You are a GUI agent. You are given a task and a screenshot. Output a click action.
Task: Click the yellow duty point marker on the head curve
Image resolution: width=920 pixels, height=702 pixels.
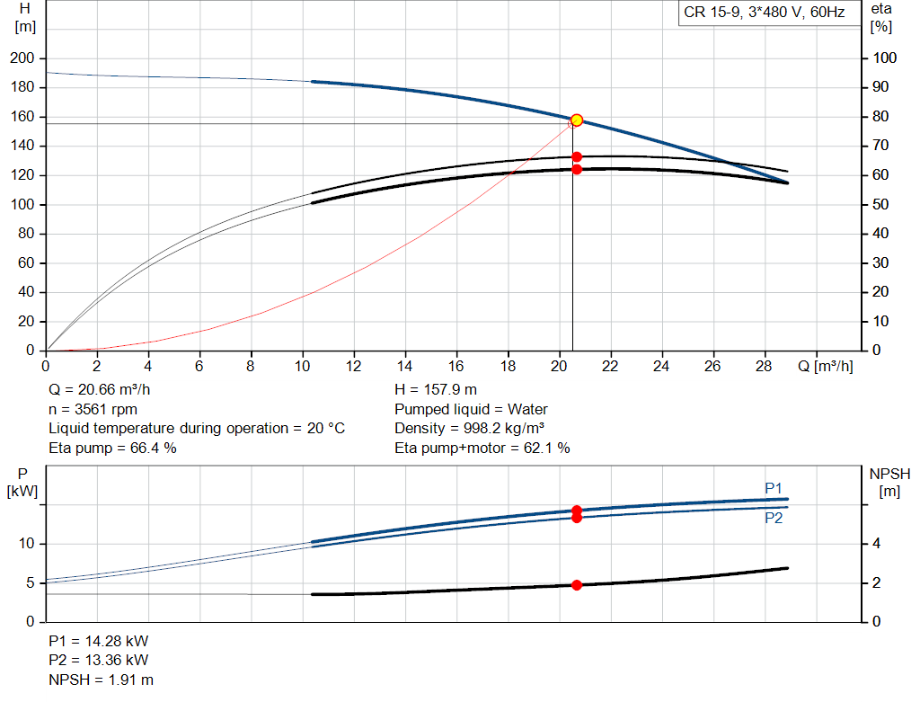577,120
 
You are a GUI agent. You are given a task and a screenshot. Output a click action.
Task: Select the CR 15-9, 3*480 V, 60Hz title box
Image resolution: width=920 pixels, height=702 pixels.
765,13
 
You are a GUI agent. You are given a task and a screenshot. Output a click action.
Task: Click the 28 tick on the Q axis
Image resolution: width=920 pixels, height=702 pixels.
765,366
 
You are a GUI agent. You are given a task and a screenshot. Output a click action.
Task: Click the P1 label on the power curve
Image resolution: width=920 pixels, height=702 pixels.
774,488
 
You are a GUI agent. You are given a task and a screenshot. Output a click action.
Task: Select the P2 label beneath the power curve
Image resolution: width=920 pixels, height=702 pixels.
774,519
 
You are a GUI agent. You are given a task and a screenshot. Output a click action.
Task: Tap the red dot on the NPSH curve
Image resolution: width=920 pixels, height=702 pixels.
577,585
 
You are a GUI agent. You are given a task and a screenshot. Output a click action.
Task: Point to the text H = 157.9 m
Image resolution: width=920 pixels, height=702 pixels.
436,391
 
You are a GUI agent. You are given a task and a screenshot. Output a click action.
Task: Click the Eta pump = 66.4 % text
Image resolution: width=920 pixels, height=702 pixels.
112,448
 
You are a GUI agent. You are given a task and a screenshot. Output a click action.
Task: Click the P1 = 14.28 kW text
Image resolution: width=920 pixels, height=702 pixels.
99,642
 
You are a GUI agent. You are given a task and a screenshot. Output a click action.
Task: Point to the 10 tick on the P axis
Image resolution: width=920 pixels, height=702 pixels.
28,545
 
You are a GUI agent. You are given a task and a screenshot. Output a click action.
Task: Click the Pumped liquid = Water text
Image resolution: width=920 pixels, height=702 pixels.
471,410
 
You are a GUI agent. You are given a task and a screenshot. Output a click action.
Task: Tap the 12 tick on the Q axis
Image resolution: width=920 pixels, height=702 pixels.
354,366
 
